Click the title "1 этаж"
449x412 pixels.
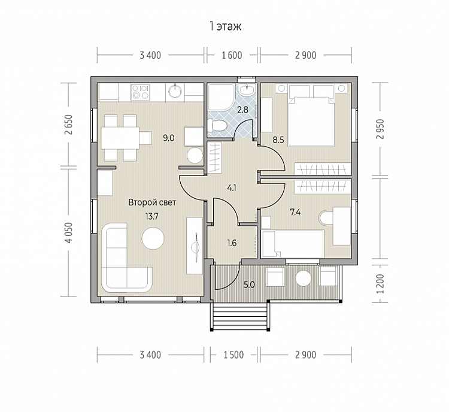[x=226, y=26]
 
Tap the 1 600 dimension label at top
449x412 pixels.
[x=232, y=55]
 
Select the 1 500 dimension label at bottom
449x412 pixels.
[x=233, y=355]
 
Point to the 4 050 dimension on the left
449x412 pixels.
[x=69, y=232]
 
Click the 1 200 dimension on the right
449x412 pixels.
[x=380, y=283]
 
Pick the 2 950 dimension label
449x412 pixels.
[x=380, y=129]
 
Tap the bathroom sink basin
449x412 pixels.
[x=246, y=90]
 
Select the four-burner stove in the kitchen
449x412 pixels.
[x=140, y=92]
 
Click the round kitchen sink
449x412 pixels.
[x=175, y=92]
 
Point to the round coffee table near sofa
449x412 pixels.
[x=153, y=238]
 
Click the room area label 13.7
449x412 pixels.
[x=152, y=216]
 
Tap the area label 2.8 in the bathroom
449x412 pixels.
[x=243, y=110]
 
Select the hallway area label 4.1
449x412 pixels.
[x=231, y=188]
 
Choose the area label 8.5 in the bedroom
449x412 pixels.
[x=278, y=140]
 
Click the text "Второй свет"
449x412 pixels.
[x=152, y=202]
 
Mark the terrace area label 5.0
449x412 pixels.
[x=250, y=285]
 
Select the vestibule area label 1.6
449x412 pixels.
[x=232, y=243]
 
